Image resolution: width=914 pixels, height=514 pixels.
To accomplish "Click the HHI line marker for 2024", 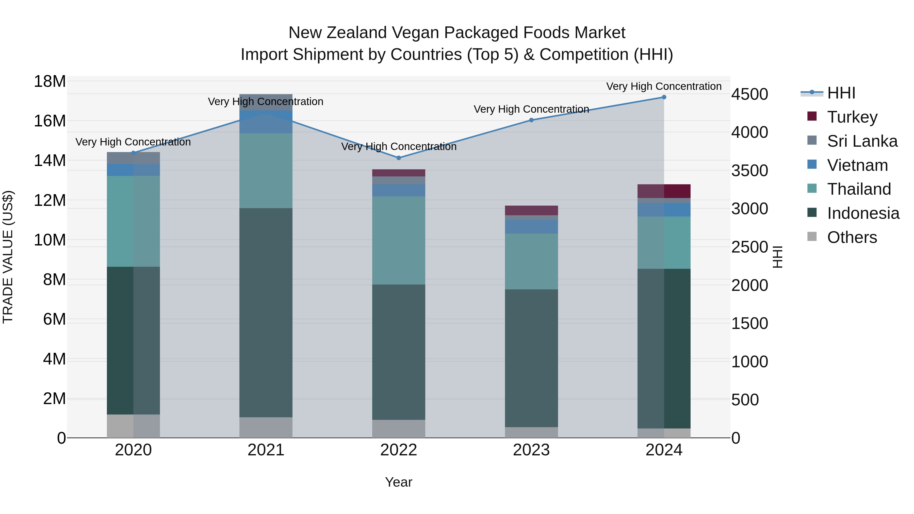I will click(664, 97).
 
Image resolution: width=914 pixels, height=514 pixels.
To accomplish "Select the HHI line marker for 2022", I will click(398, 158).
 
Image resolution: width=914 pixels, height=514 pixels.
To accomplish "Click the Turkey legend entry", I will click(852, 117).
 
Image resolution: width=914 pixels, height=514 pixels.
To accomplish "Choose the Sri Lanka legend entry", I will click(861, 141).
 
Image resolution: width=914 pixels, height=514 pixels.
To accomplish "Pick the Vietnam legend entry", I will click(857, 165).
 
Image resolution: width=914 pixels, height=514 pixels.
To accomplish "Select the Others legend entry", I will click(852, 237).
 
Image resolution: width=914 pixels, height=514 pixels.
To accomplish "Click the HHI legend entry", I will click(841, 93).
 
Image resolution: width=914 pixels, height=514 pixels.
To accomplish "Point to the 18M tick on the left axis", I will click(50, 81).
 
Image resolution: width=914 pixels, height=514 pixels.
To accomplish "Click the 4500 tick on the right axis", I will click(749, 94).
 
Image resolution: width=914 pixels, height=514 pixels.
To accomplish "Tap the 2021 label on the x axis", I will click(266, 450).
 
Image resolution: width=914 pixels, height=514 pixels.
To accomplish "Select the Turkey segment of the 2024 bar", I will click(664, 191).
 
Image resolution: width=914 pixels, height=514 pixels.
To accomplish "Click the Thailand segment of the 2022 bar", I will click(398, 241).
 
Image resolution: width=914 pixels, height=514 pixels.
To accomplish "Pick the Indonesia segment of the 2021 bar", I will click(266, 312).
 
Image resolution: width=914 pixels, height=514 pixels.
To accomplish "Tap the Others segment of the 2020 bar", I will click(133, 426).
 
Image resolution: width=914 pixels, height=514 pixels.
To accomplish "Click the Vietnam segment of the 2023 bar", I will click(531, 227).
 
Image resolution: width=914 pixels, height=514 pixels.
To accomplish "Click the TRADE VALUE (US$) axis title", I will click(8, 257).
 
